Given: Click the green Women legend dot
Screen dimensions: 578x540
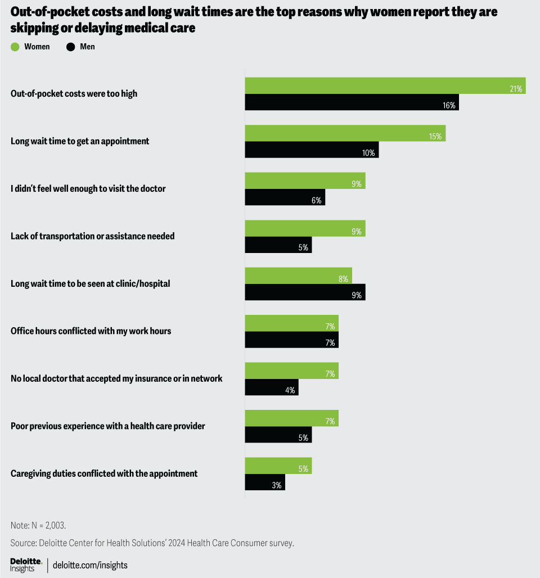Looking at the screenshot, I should (x=15, y=47).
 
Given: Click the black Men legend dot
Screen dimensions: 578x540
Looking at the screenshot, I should (x=70, y=47).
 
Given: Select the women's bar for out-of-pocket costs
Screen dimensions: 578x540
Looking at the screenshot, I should (x=385, y=85).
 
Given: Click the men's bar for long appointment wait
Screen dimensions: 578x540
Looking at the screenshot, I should (x=312, y=150).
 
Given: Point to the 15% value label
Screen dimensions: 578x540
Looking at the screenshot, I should (x=435, y=136).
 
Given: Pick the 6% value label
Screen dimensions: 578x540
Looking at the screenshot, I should (x=316, y=200).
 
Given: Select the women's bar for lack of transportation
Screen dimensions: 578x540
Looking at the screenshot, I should (x=305, y=228).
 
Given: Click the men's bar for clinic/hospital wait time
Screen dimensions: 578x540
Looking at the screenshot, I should (x=305, y=292).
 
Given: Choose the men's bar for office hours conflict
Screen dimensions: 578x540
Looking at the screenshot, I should (x=291, y=340).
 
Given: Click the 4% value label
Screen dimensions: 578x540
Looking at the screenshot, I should (x=290, y=390).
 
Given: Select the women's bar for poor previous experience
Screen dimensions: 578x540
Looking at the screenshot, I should (x=291, y=418).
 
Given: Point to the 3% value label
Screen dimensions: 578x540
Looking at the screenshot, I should (x=276, y=485).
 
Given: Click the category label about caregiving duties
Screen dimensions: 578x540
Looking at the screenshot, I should (x=104, y=473).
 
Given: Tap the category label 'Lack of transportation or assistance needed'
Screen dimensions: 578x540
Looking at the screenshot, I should (x=93, y=236).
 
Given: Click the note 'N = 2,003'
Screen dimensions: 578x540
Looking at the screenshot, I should (x=38, y=525).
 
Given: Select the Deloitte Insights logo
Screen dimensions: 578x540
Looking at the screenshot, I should (x=26, y=565).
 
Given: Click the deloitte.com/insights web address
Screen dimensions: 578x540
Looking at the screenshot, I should (x=90, y=565).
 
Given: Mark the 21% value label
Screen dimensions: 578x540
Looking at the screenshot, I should (x=516, y=89).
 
